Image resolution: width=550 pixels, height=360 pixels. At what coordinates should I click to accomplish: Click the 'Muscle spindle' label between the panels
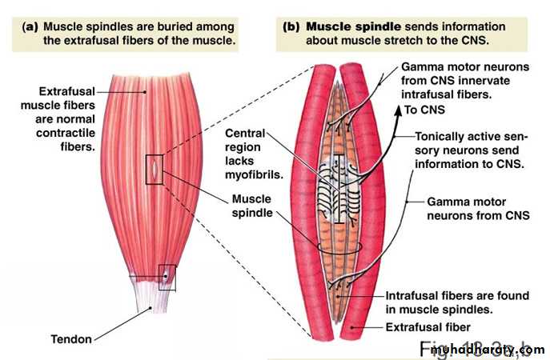coord(252,206)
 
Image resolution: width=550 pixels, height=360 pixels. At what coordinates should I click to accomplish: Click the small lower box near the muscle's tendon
coord(167,277)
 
